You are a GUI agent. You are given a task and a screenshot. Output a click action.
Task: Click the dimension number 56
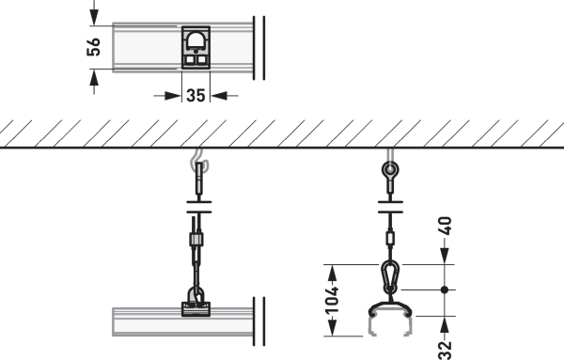(x=93, y=47)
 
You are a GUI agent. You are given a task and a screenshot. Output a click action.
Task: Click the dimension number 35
(x=196, y=96)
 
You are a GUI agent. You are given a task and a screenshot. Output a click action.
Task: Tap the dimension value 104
(x=332, y=301)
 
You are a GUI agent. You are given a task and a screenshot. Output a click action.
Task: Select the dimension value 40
(x=446, y=226)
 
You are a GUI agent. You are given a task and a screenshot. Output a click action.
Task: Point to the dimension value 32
(x=446, y=351)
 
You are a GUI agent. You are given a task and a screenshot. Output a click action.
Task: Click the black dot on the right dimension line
(x=445, y=290)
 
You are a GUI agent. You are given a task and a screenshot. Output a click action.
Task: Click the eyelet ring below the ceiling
(x=390, y=168)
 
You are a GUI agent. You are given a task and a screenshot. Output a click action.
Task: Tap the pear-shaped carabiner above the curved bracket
(x=390, y=277)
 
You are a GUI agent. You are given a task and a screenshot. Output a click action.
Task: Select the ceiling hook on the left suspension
(x=199, y=162)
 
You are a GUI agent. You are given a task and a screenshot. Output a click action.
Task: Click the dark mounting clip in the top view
(x=196, y=48)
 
